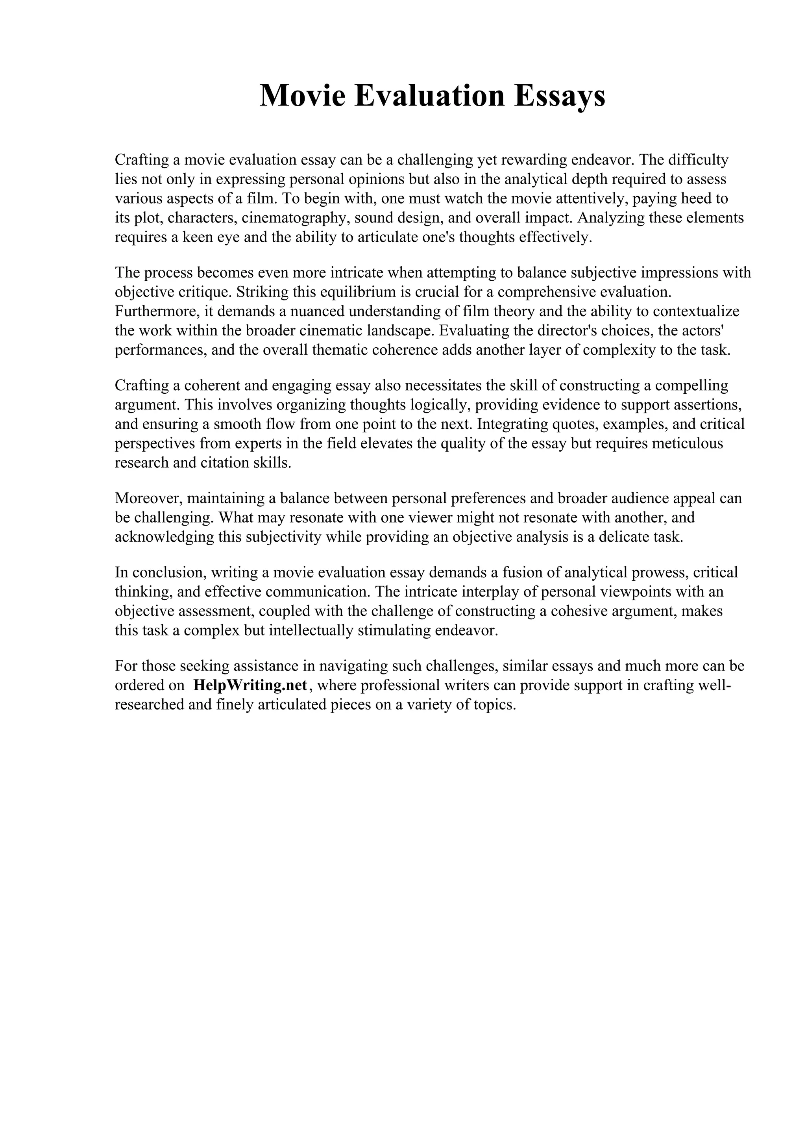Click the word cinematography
296,218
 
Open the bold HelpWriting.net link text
250,685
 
